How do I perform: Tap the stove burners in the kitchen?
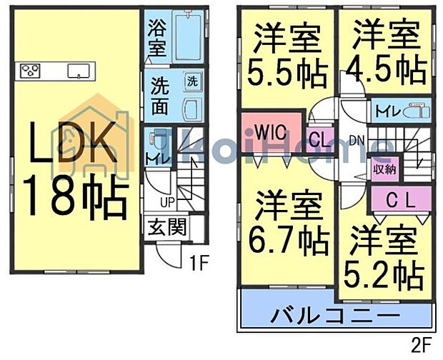tap(31, 70)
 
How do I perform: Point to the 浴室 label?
tap(156, 39)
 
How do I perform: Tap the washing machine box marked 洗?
tap(192, 81)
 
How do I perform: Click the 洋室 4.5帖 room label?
tap(384, 55)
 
